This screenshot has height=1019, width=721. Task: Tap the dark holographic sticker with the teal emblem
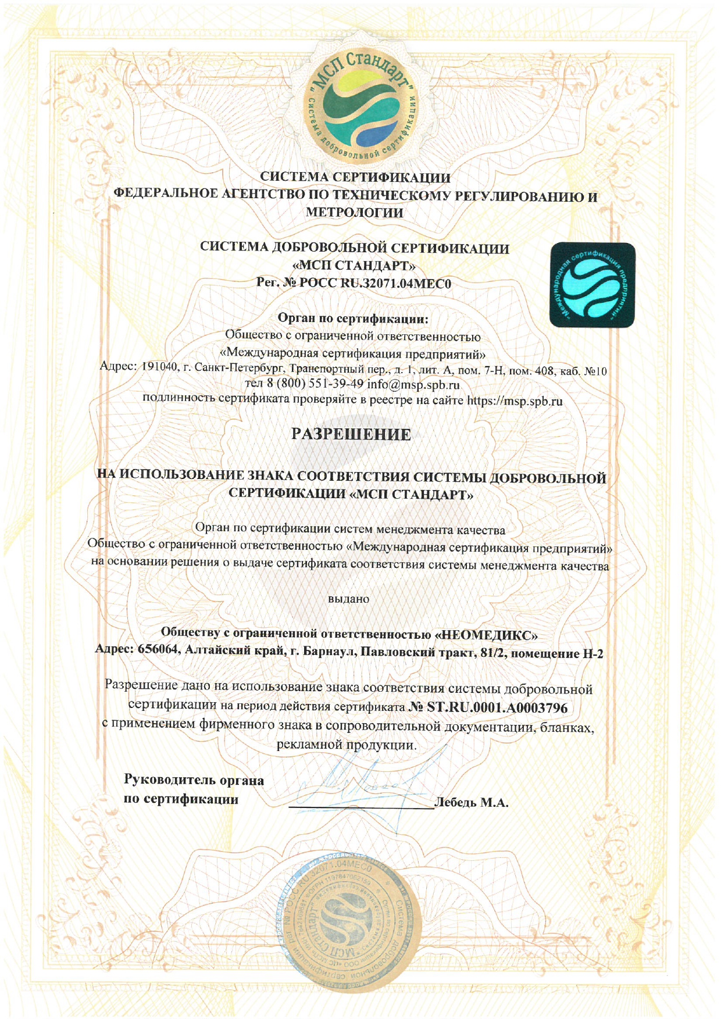point(592,284)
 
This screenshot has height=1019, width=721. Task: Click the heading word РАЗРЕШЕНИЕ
point(351,434)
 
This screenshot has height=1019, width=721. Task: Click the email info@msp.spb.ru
point(413,385)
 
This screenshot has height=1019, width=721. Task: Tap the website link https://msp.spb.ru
point(515,401)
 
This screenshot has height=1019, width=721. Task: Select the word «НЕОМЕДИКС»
point(486,633)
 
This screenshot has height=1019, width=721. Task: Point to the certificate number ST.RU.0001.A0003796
point(497,707)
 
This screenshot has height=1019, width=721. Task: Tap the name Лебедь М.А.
point(472,803)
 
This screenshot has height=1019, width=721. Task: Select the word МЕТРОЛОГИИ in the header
point(354,213)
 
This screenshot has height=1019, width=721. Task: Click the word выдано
point(349,599)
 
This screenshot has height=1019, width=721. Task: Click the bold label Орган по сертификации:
point(353,319)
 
